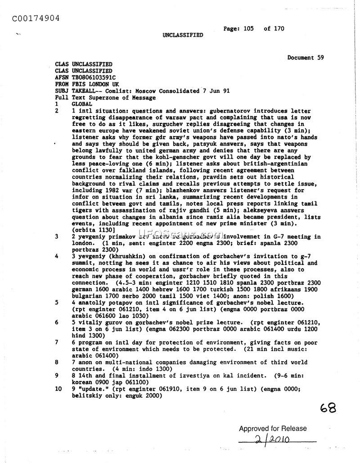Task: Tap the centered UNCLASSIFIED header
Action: pyautogui.click(x=183, y=35)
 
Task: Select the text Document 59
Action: pyautogui.click(x=305, y=58)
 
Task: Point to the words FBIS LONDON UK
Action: pyautogui.click(x=95, y=84)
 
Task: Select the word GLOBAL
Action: pyautogui.click(x=81, y=104)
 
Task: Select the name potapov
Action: pyautogui.click(x=122, y=303)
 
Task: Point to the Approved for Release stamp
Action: pyautogui.click(x=273, y=429)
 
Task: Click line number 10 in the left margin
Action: pyautogui.click(x=58, y=388)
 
